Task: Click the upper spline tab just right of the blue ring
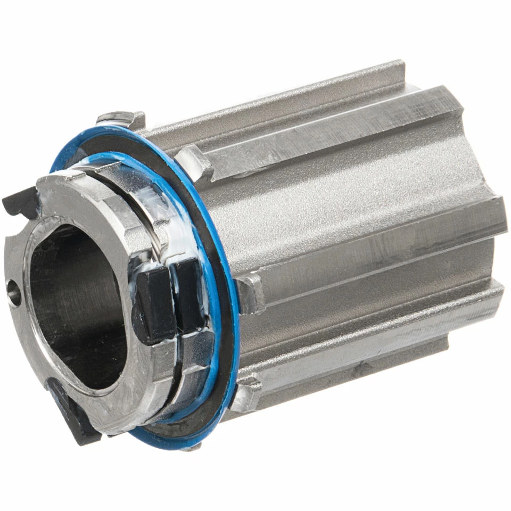coord(194,162)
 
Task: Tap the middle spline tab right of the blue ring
coord(250,293)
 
